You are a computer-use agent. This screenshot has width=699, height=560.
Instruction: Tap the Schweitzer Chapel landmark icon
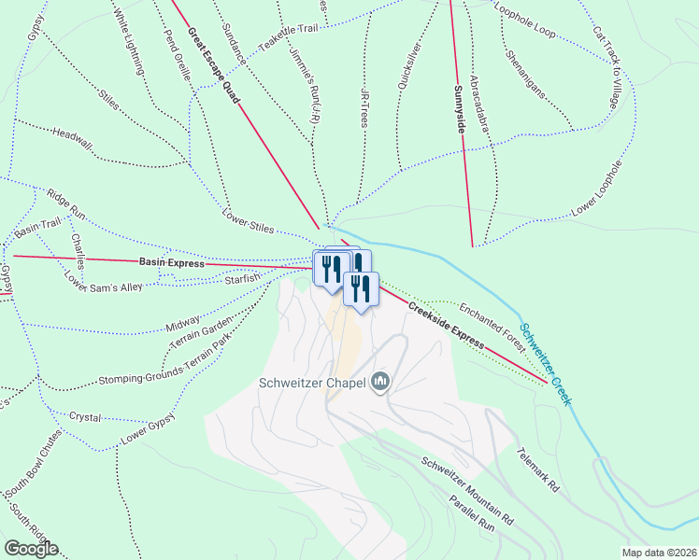pos(380,382)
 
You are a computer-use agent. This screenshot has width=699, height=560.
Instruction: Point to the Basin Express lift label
pos(171,263)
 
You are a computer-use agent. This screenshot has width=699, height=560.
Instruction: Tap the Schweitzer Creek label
pos(547,365)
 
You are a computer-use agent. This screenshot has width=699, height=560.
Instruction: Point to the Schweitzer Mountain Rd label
pos(467,490)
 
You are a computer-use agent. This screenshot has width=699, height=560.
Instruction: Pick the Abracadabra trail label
pos(481,104)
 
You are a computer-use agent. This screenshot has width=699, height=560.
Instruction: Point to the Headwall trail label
pos(73,138)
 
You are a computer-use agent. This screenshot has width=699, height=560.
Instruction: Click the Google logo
pos(31,549)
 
